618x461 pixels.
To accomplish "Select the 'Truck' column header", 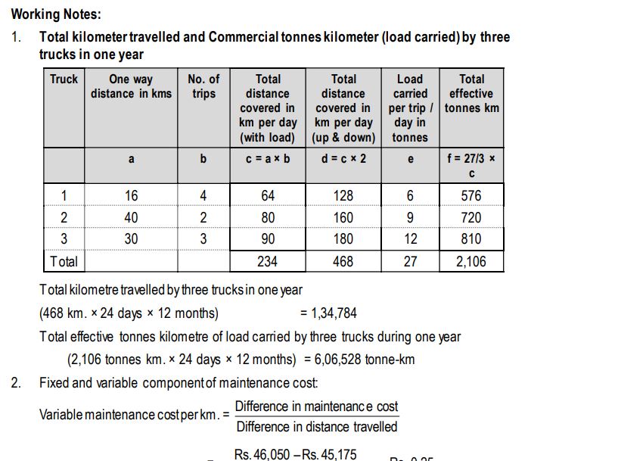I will click(x=64, y=79).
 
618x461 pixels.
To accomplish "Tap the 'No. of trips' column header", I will click(x=203, y=86).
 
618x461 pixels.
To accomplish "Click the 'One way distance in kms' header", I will click(x=131, y=86).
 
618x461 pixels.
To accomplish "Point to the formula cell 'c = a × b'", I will click(x=268, y=159).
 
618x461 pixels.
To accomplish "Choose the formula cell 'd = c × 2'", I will click(x=343, y=159).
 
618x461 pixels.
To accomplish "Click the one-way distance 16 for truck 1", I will click(x=131, y=195).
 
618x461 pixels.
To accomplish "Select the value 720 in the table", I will click(x=471, y=217).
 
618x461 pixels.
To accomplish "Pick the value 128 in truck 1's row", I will click(x=343, y=195).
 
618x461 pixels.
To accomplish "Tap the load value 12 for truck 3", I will click(x=410, y=239).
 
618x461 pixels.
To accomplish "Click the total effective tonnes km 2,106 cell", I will click(x=471, y=262).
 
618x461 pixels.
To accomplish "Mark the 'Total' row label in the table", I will click(x=64, y=262).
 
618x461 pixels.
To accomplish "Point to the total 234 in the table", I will click(x=268, y=262).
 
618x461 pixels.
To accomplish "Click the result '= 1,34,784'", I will click(x=328, y=313).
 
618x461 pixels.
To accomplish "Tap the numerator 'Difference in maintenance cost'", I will click(x=316, y=406).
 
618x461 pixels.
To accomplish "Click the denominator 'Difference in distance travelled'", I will click(x=316, y=427).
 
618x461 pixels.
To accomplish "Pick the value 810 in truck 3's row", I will click(x=471, y=239).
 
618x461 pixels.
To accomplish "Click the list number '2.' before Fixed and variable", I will click(x=16, y=382).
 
